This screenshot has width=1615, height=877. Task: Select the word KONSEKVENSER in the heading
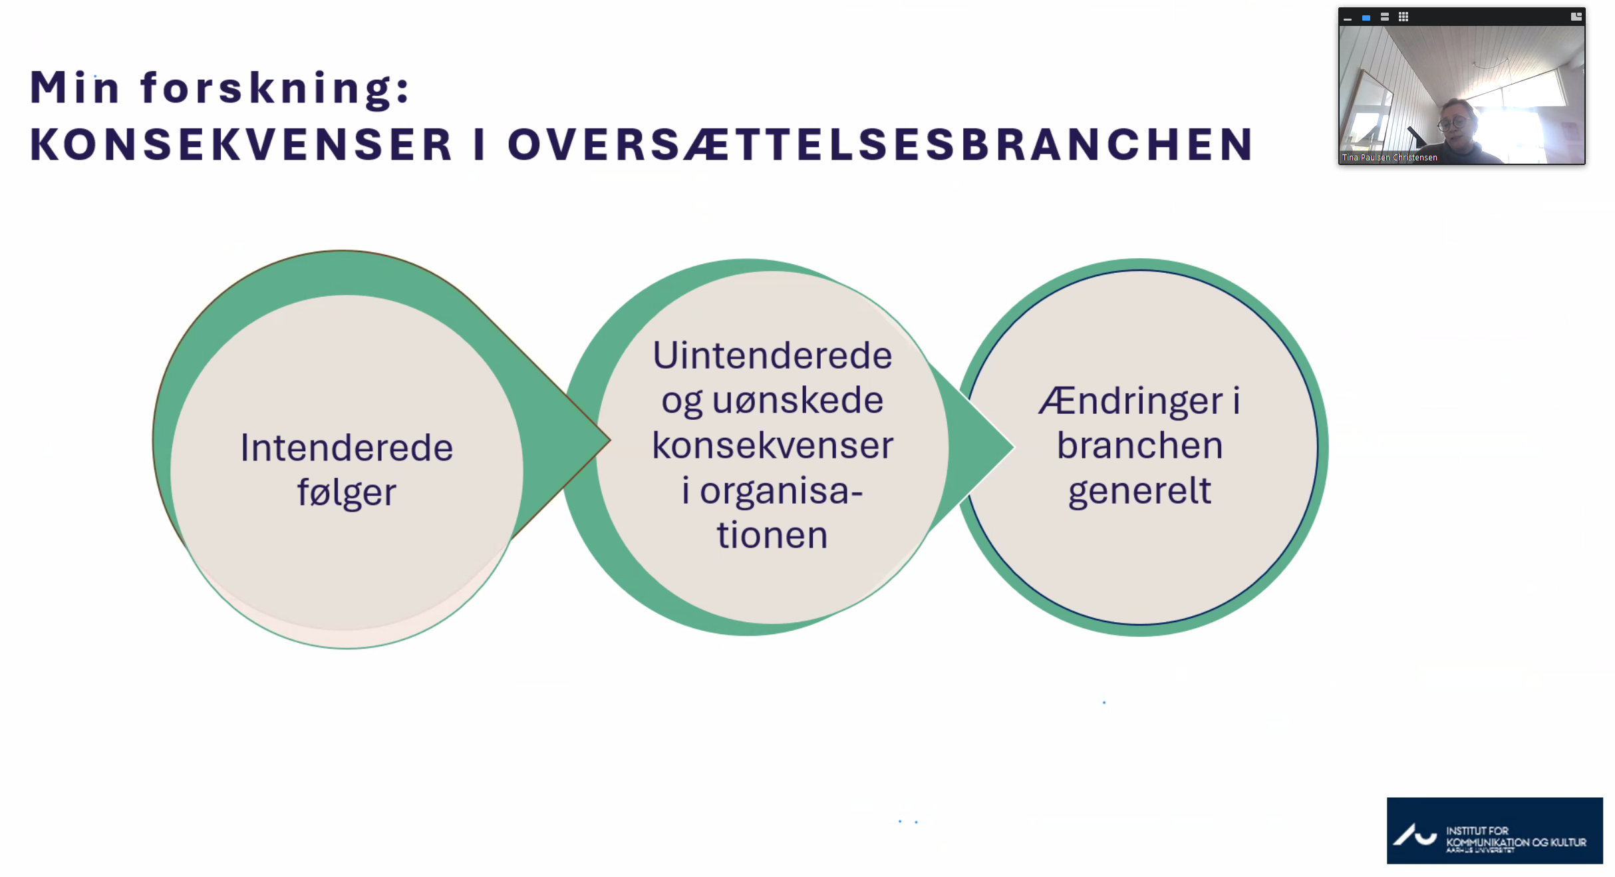click(241, 144)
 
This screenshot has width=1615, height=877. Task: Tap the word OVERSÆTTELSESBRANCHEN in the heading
click(881, 144)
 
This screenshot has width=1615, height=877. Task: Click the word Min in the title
click(74, 87)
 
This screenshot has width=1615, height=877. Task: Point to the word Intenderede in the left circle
click(347, 447)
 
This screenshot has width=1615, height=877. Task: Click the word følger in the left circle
click(347, 493)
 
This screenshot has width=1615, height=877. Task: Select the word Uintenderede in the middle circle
click(772, 355)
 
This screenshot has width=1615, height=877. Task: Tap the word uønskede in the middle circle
click(798, 401)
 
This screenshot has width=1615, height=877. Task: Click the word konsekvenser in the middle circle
click(772, 445)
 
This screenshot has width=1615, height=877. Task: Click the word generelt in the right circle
click(1139, 491)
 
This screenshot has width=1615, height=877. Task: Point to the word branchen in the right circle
click(1139, 445)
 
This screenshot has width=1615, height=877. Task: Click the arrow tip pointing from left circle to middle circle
click(609, 439)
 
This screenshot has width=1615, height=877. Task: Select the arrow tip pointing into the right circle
click(1014, 447)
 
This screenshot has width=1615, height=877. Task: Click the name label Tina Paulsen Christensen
click(1390, 158)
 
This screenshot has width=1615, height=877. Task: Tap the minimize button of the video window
click(1348, 18)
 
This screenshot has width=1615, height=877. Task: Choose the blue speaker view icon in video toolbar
click(1366, 18)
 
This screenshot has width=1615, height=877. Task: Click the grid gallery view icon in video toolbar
click(1403, 17)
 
